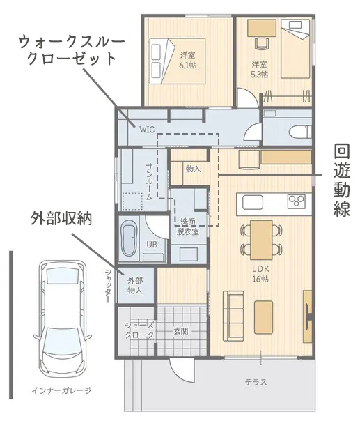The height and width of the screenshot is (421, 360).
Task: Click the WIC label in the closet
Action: (x=147, y=130)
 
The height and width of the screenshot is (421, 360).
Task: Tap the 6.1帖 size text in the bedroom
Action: (x=188, y=65)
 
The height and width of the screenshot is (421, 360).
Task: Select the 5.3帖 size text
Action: (x=260, y=74)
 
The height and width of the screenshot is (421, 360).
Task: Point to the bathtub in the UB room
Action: (x=128, y=238)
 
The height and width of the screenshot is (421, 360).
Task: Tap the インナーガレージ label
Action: (x=61, y=390)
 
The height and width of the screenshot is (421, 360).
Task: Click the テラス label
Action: (x=256, y=382)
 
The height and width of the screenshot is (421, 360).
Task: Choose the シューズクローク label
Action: (x=139, y=330)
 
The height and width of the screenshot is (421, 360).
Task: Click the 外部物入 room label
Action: (x=135, y=286)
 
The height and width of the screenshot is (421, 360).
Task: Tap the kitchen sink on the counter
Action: (x=253, y=202)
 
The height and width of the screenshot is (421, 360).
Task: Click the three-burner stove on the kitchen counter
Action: (x=297, y=201)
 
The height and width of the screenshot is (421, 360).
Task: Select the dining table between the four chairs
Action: (x=261, y=240)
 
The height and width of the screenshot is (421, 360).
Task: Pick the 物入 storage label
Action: (x=194, y=169)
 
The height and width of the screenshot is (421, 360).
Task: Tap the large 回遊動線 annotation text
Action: (x=342, y=181)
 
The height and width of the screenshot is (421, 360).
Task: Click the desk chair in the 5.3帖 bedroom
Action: (x=262, y=43)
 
